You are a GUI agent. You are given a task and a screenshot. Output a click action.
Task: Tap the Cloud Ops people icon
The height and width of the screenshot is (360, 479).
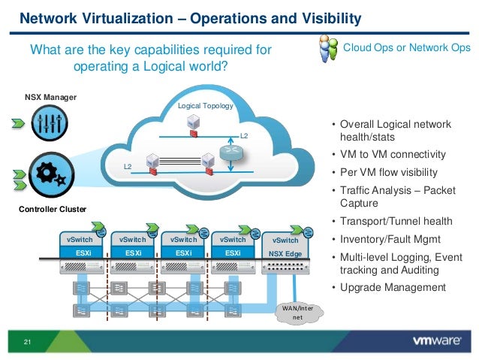point(328,51)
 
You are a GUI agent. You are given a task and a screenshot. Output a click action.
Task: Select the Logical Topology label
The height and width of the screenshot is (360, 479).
point(205,107)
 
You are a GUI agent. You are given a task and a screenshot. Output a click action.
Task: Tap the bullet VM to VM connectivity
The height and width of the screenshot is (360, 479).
point(393,155)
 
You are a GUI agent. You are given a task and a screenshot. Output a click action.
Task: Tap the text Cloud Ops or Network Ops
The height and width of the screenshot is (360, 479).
point(407,48)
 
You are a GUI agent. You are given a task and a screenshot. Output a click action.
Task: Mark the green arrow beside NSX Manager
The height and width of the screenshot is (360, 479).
point(16,123)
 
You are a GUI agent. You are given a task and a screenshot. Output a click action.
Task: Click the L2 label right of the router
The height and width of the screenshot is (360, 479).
point(244,135)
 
